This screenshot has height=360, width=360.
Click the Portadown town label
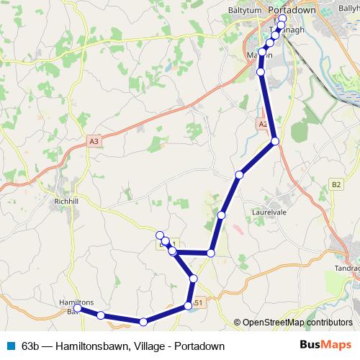(x=292, y=11)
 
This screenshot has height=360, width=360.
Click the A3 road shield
(x=94, y=142)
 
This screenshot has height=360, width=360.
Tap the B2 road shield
(x=336, y=184)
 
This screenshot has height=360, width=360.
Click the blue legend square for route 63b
(x=11, y=346)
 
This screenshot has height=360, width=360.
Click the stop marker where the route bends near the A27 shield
(x=274, y=142)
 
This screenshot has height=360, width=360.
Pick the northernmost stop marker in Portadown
(x=282, y=19)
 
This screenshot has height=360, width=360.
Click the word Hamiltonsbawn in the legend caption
(x=89, y=346)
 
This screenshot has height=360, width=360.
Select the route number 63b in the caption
(x=31, y=346)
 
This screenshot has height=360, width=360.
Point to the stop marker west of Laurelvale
(x=222, y=215)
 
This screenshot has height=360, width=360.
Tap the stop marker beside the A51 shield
(x=188, y=306)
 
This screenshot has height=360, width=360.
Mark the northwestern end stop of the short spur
(x=159, y=235)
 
